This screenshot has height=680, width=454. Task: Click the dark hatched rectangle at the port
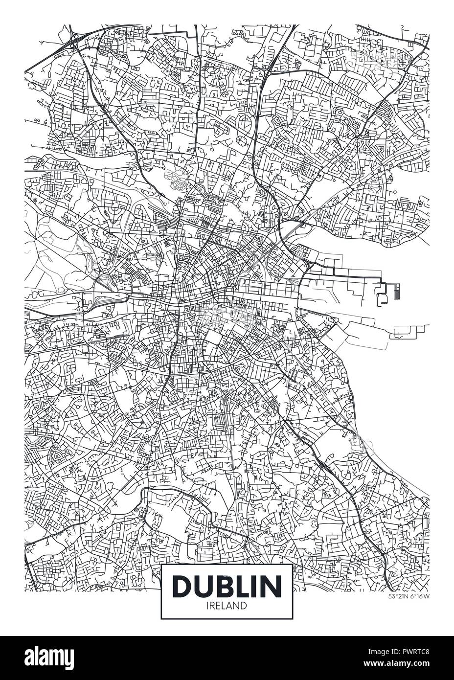tap(397, 292)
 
